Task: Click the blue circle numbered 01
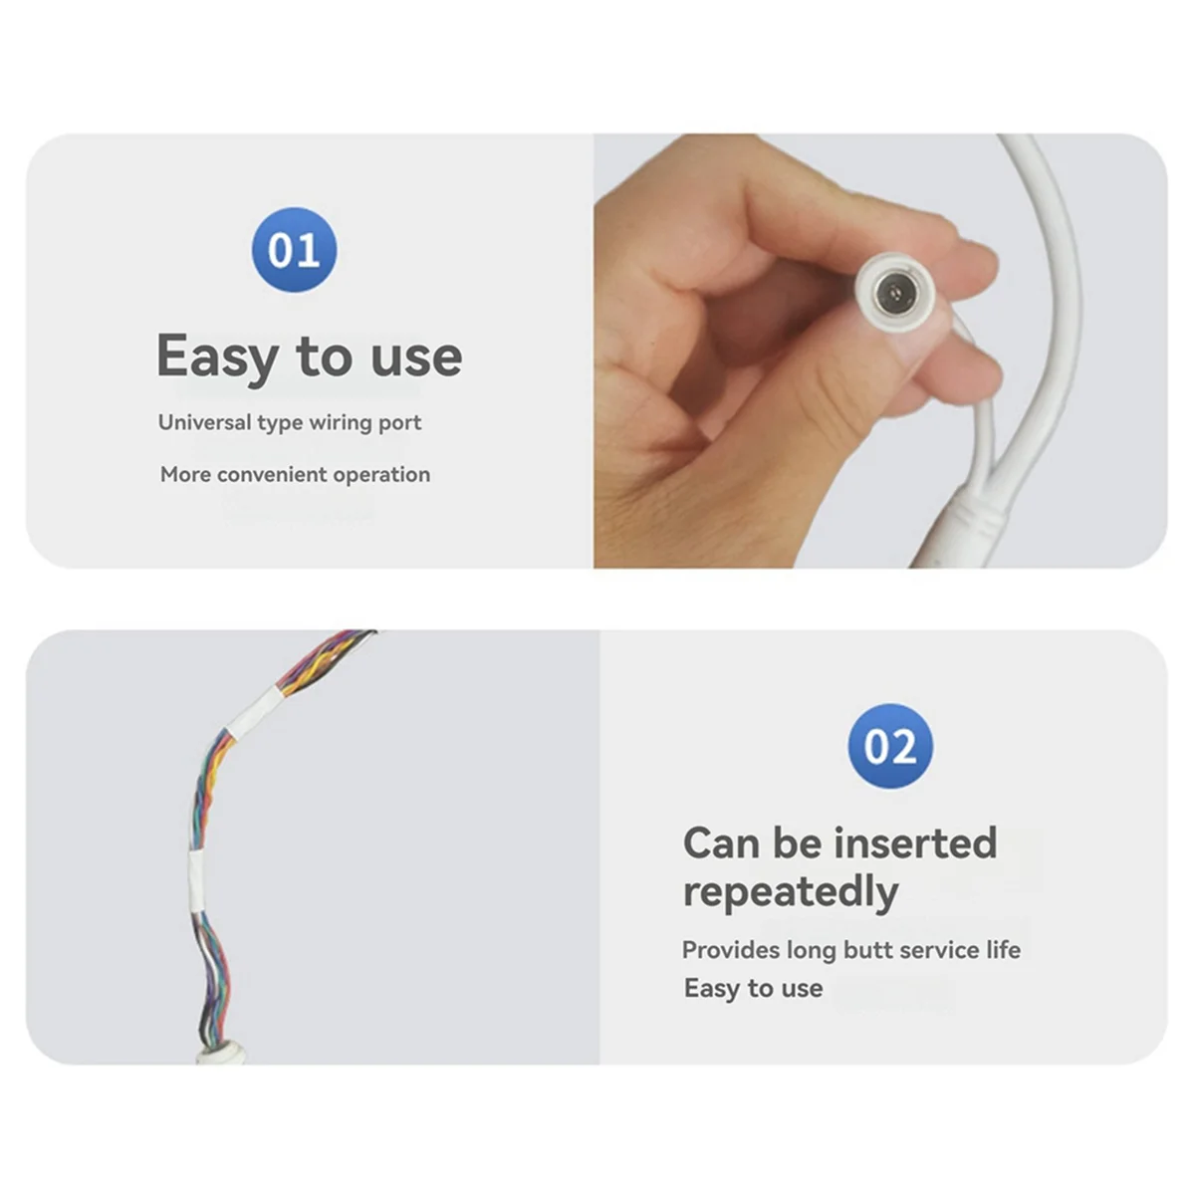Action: (294, 249)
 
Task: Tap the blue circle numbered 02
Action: (890, 746)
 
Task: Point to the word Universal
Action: (204, 422)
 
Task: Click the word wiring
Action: (340, 422)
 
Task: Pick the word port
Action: (399, 422)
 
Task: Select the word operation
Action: (381, 474)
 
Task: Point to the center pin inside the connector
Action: (894, 293)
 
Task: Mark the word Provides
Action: (730, 950)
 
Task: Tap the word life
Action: (1003, 950)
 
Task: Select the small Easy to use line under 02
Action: (753, 988)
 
